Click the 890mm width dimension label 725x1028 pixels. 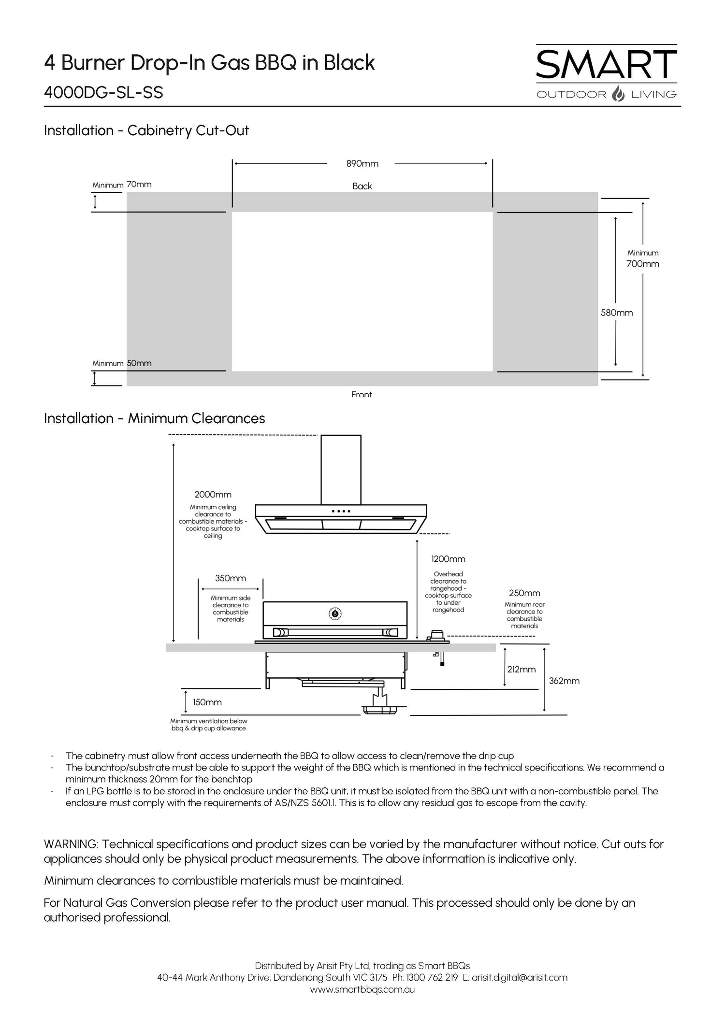[362, 164]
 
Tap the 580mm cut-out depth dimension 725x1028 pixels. [616, 313]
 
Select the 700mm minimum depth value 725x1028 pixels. [642, 264]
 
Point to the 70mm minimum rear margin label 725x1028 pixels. [139, 184]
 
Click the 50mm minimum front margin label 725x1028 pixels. [139, 363]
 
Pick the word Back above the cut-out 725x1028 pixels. [362, 186]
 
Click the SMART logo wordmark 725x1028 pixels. [606, 65]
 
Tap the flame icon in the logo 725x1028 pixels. [618, 94]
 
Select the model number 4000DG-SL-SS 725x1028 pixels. [103, 92]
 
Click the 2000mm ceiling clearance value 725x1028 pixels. [213, 494]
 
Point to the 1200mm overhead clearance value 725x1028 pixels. [448, 559]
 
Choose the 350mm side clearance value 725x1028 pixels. [231, 578]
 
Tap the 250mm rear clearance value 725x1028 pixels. [524, 593]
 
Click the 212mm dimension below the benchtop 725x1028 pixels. [522, 669]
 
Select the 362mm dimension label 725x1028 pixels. [564, 681]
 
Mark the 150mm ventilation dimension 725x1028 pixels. [207, 702]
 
